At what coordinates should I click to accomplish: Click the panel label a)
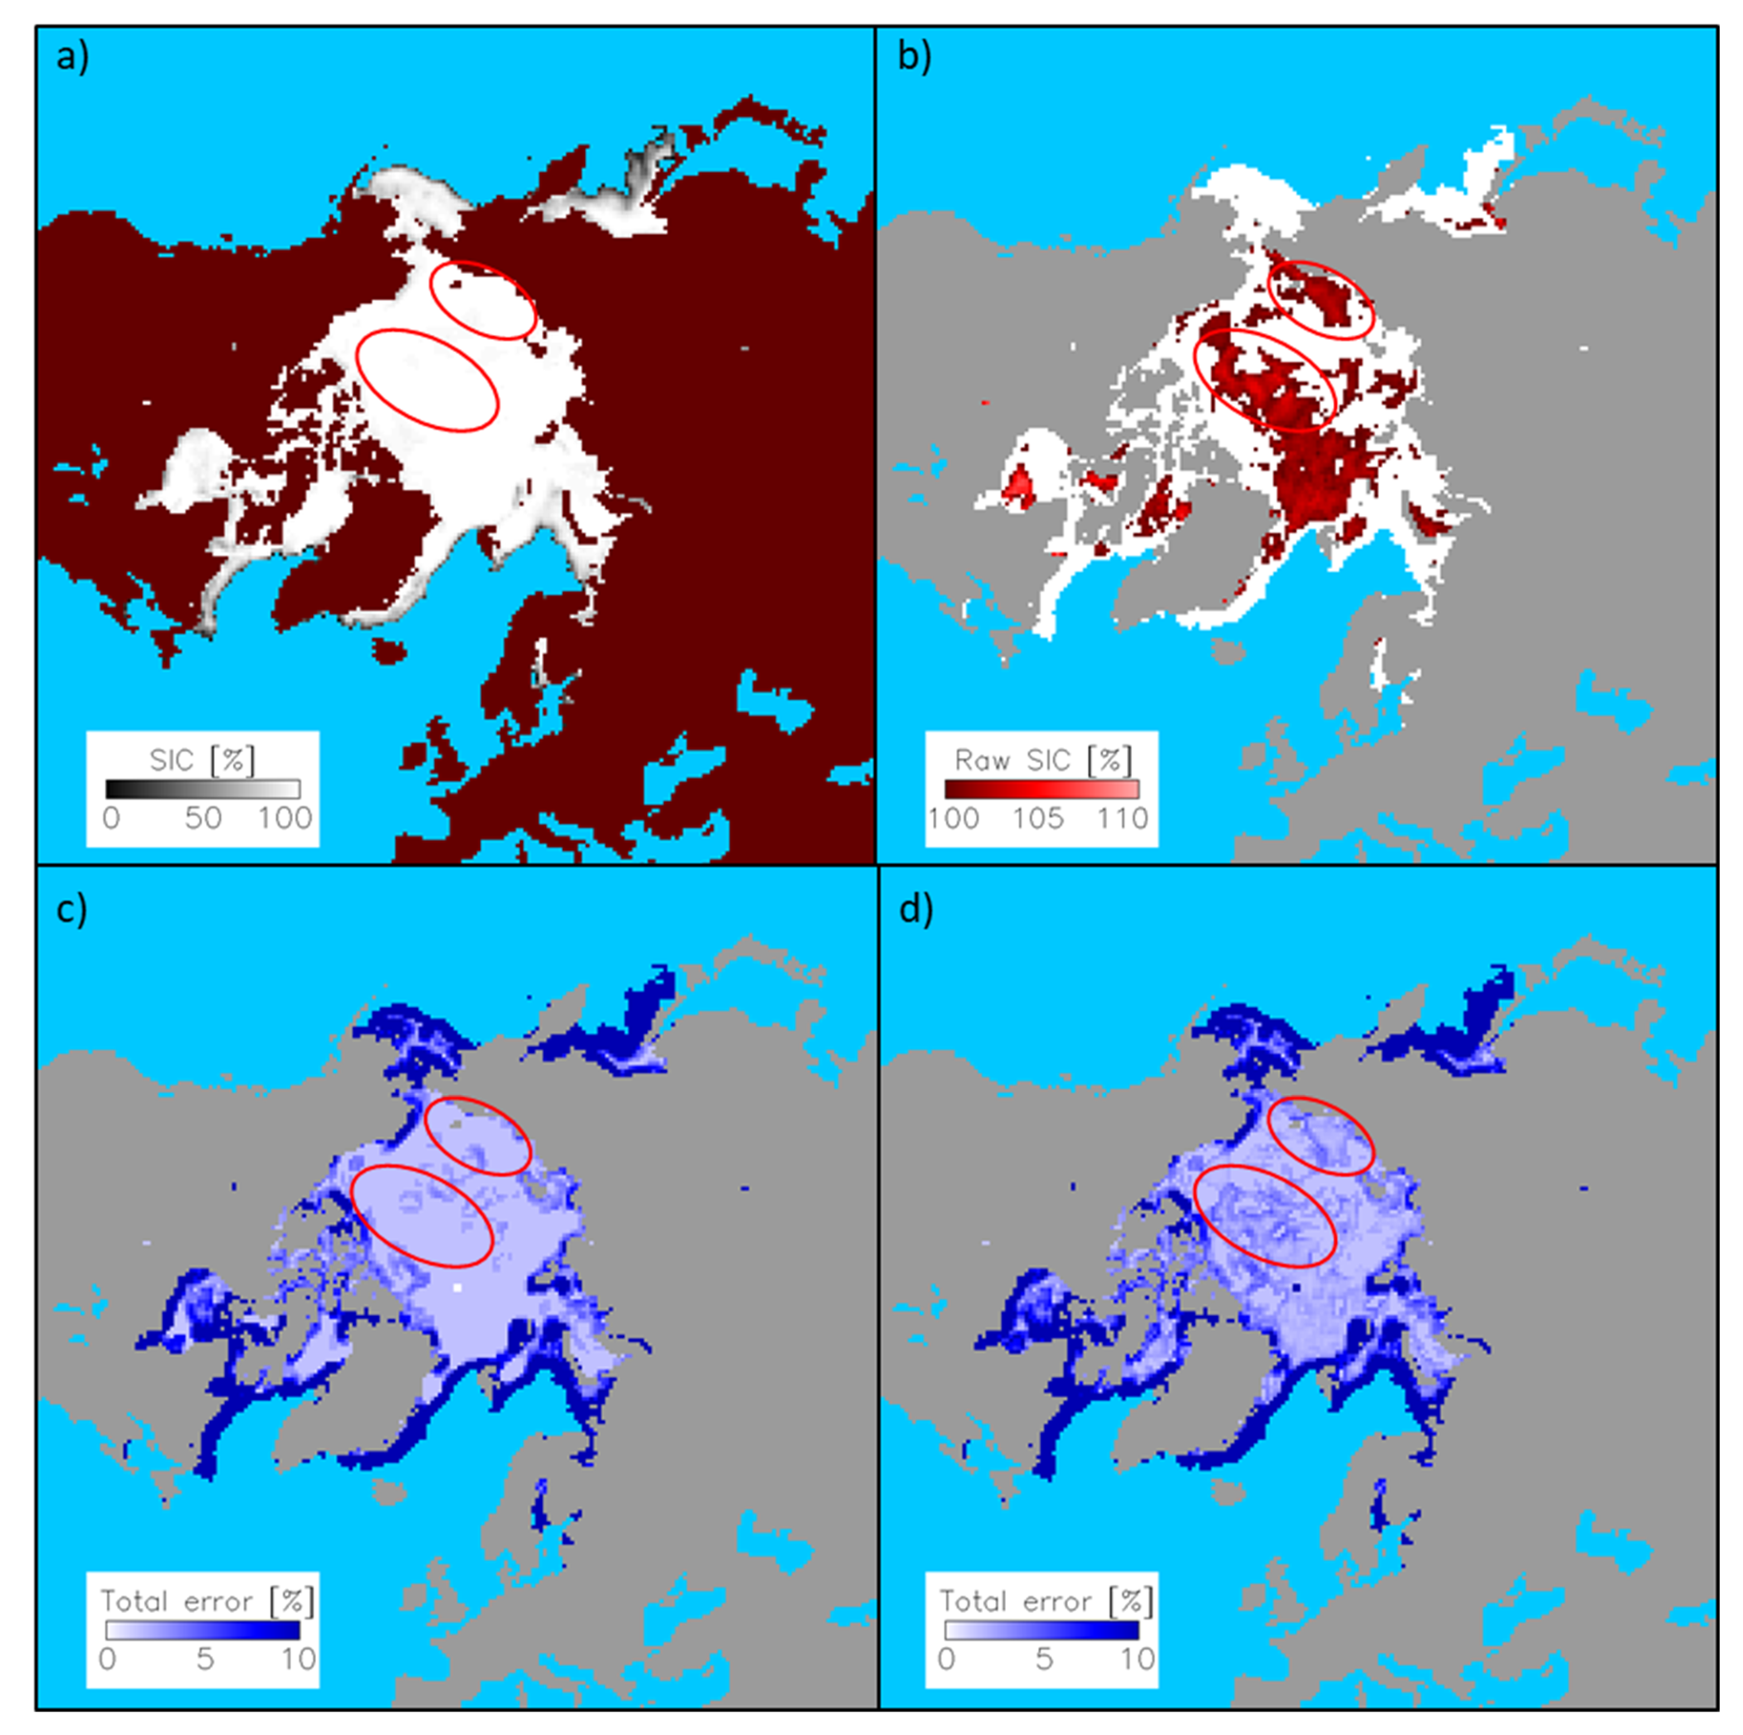tap(72, 58)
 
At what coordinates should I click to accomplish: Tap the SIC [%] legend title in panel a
tap(202, 761)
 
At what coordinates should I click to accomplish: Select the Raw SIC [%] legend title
tap(1042, 761)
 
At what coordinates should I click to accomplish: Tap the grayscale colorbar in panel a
tap(202, 789)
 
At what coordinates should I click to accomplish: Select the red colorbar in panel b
tap(1042, 789)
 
